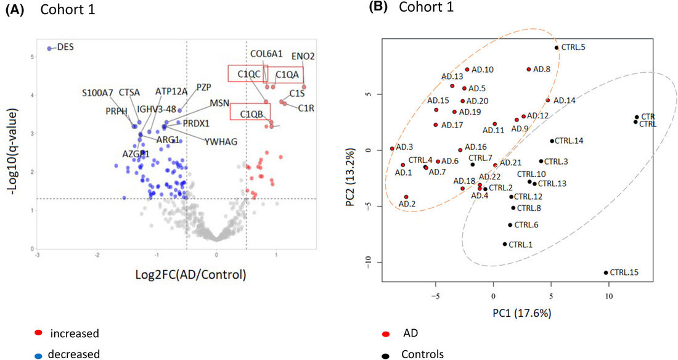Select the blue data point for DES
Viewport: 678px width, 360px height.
(50, 47)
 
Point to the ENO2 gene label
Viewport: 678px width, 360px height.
(303, 56)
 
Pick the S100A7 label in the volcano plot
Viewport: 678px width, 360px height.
(97, 93)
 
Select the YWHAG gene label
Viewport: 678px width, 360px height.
(221, 141)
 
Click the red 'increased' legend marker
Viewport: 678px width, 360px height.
(39, 333)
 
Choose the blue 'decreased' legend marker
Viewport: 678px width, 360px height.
(39, 354)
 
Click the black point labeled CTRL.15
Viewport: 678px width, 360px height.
(606, 272)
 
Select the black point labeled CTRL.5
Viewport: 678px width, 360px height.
(556, 47)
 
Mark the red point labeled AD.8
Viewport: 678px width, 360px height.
(529, 70)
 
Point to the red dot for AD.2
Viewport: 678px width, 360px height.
(406, 197)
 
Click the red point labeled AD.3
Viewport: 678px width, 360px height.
(392, 149)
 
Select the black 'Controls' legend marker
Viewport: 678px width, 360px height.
(385, 354)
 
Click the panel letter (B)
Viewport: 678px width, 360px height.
(378, 7)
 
